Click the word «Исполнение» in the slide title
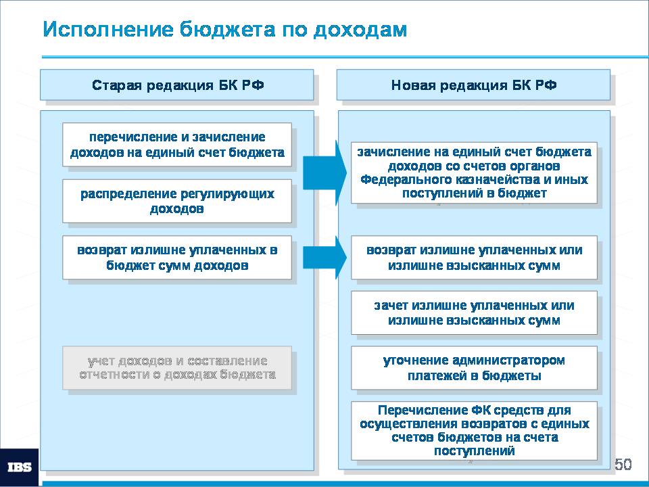(108, 29)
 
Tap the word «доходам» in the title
(360, 29)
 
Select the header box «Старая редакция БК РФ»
(176, 85)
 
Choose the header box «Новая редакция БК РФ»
(473, 85)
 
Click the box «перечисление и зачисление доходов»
(177, 145)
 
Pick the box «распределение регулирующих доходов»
(177, 201)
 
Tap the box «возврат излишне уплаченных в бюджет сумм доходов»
(177, 258)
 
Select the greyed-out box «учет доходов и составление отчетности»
(177, 368)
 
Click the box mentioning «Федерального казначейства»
(475, 172)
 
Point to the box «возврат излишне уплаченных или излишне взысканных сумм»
(475, 258)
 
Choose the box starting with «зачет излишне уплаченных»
(475, 312)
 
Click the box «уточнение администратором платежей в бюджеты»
(475, 368)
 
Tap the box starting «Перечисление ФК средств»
(475, 431)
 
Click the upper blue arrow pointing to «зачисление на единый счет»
(324, 172)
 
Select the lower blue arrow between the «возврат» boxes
(324, 258)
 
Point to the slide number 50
(623, 464)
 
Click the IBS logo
(20, 467)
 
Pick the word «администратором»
(508, 361)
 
